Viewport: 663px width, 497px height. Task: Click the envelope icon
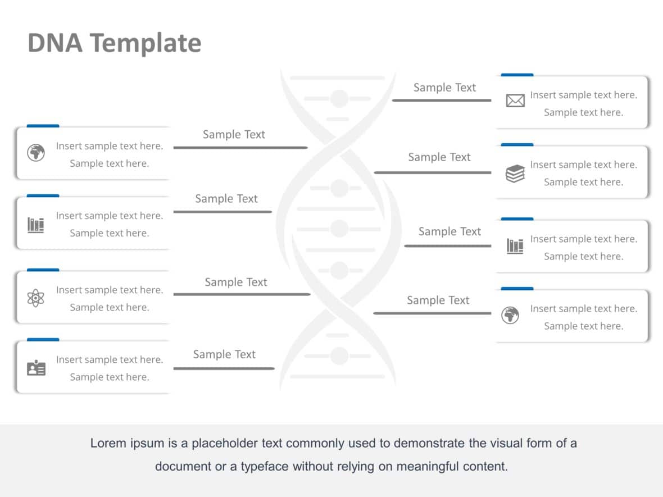(x=515, y=101)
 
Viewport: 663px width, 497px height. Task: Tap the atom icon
(x=35, y=298)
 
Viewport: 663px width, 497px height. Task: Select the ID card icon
(x=36, y=368)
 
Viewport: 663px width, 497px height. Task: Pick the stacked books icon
(x=515, y=174)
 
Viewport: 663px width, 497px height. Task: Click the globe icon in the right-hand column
(x=510, y=316)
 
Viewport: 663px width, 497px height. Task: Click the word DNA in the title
(x=54, y=43)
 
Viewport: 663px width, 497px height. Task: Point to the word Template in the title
(x=145, y=43)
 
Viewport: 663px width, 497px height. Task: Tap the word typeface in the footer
(x=265, y=466)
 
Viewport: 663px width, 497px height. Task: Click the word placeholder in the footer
(x=225, y=443)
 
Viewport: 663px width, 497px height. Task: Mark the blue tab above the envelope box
(x=517, y=75)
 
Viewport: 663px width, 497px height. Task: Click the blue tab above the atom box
(x=43, y=270)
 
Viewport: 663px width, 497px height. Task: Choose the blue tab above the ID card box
(x=43, y=340)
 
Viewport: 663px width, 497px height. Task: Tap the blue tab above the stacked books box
(x=517, y=144)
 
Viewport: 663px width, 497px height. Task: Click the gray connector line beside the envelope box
(x=441, y=101)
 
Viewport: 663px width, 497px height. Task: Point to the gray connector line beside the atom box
(x=242, y=294)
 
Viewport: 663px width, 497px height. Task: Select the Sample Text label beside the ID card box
(x=224, y=354)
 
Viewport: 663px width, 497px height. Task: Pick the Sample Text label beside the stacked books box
(x=439, y=157)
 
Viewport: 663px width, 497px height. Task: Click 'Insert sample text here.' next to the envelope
(x=583, y=95)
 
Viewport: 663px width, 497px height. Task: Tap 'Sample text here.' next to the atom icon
(x=109, y=307)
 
